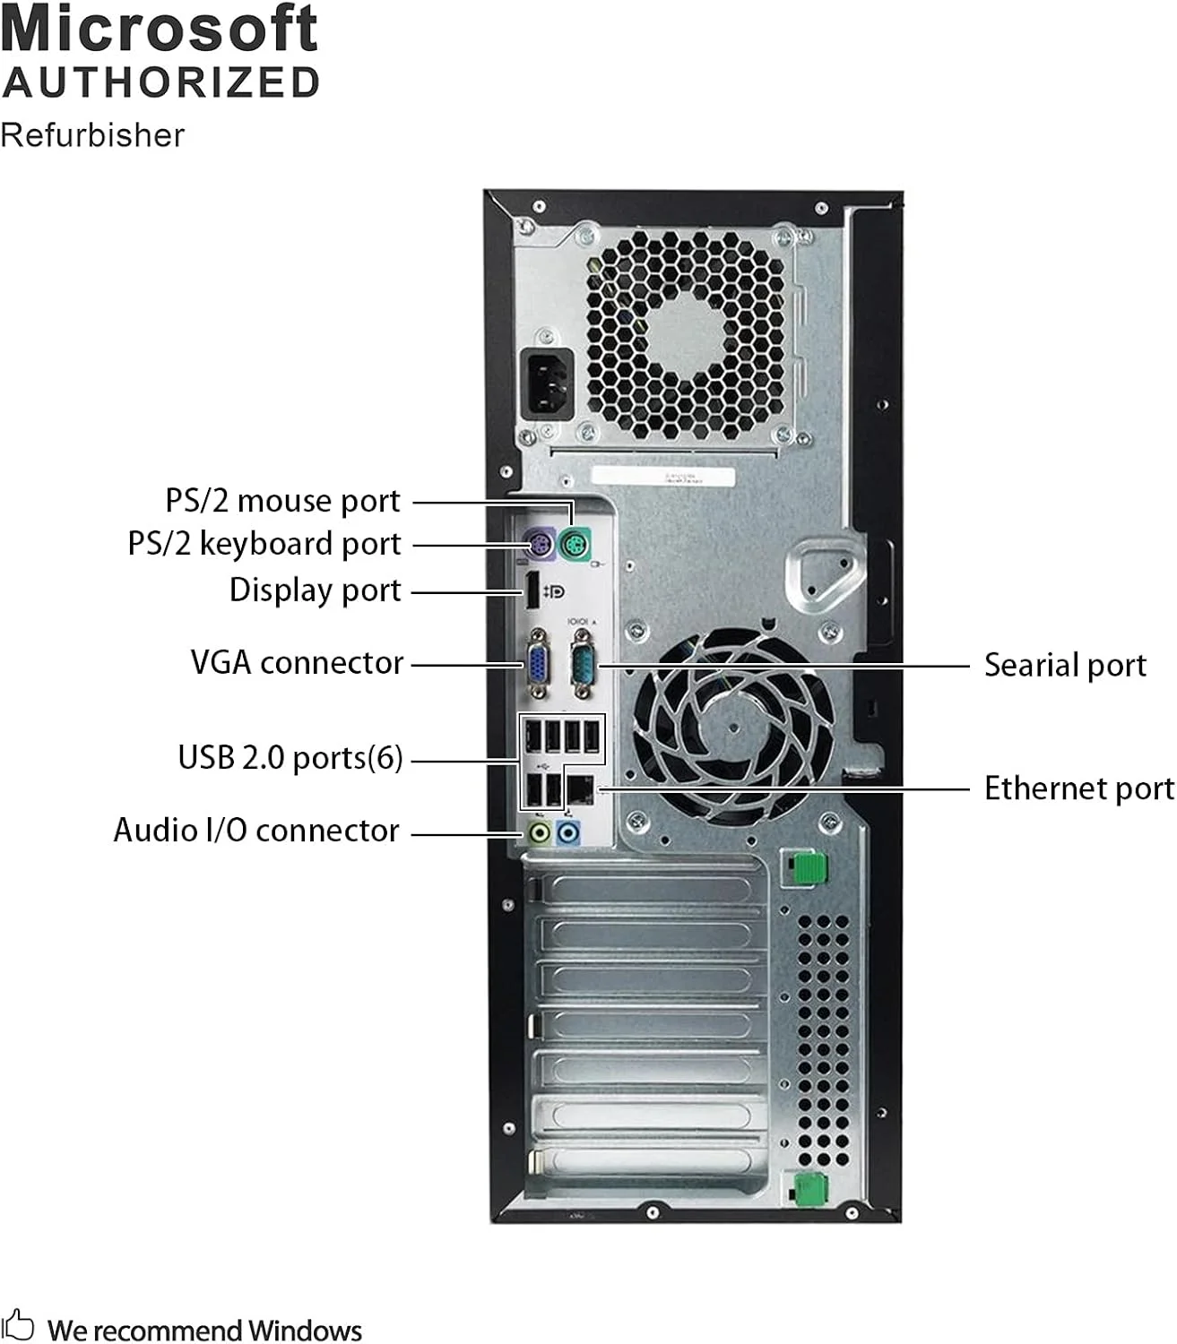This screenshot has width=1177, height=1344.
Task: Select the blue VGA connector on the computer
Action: [538, 665]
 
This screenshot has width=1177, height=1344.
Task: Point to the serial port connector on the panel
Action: [583, 665]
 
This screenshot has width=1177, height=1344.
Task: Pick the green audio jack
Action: [539, 832]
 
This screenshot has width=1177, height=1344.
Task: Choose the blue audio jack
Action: [568, 832]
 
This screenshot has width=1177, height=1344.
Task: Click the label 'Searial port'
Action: [1065, 665]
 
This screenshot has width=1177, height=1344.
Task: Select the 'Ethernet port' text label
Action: [1078, 788]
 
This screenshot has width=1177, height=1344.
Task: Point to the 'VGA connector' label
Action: [297, 663]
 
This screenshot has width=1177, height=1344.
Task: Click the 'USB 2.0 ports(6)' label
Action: [290, 758]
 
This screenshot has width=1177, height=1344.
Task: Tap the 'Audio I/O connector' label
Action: [256, 831]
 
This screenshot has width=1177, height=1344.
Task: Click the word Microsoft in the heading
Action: [160, 29]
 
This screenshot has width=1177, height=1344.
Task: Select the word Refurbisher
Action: [92, 135]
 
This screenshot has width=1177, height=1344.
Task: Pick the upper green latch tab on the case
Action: [809, 866]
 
